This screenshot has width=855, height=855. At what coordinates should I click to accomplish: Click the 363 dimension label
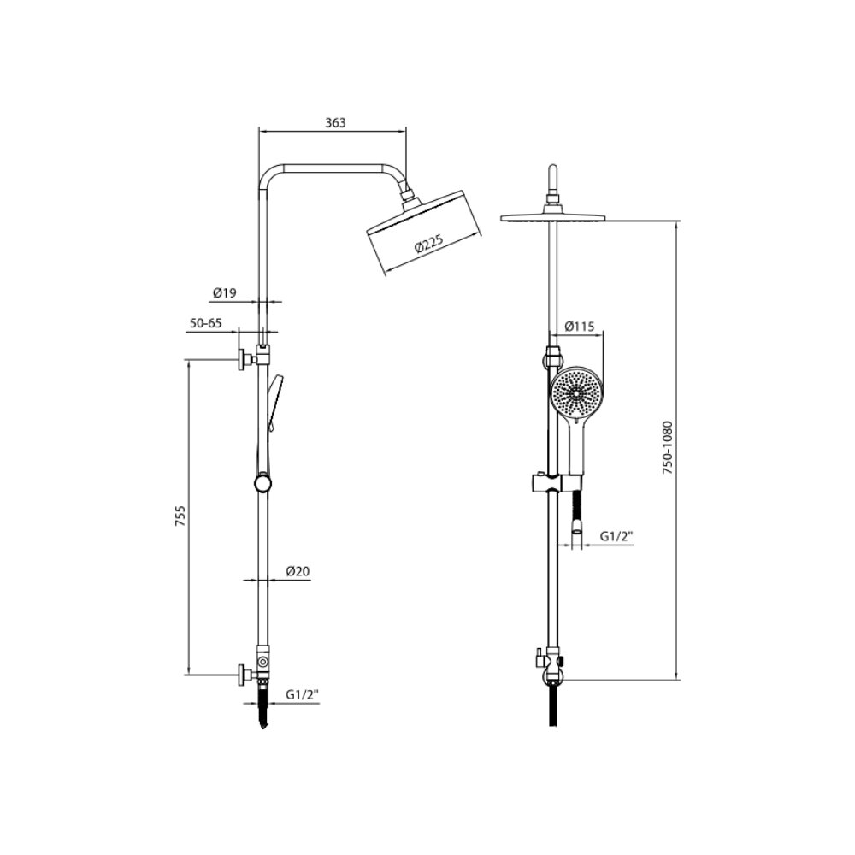335,122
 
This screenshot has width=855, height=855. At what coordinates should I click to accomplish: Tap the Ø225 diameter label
429,244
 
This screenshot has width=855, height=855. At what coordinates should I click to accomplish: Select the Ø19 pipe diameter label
225,292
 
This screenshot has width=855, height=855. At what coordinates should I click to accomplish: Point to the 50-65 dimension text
205,323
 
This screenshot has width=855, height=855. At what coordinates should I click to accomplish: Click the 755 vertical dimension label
180,516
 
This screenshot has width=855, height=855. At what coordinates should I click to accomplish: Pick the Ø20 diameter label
298,571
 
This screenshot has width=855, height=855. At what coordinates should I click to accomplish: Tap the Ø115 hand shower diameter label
579,327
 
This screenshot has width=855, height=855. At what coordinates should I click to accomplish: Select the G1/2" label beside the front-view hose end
616,537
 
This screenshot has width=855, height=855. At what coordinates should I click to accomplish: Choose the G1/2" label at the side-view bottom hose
302,694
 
